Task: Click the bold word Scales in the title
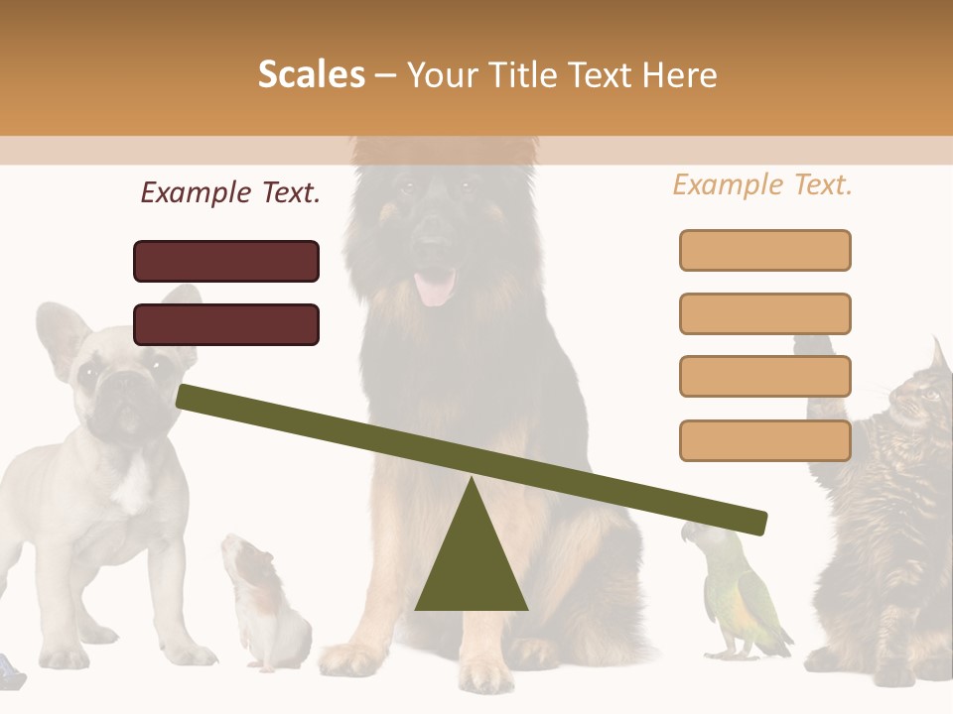pos(311,74)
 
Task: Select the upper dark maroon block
pos(226,261)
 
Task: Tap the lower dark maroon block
pos(226,324)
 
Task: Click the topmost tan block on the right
pos(764,250)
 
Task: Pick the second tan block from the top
pos(764,313)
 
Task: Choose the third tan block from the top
pos(764,377)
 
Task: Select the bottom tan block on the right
pos(764,440)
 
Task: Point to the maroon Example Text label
pos(230,192)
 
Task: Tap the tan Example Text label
pos(762,184)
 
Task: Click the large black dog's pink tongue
pos(434,287)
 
